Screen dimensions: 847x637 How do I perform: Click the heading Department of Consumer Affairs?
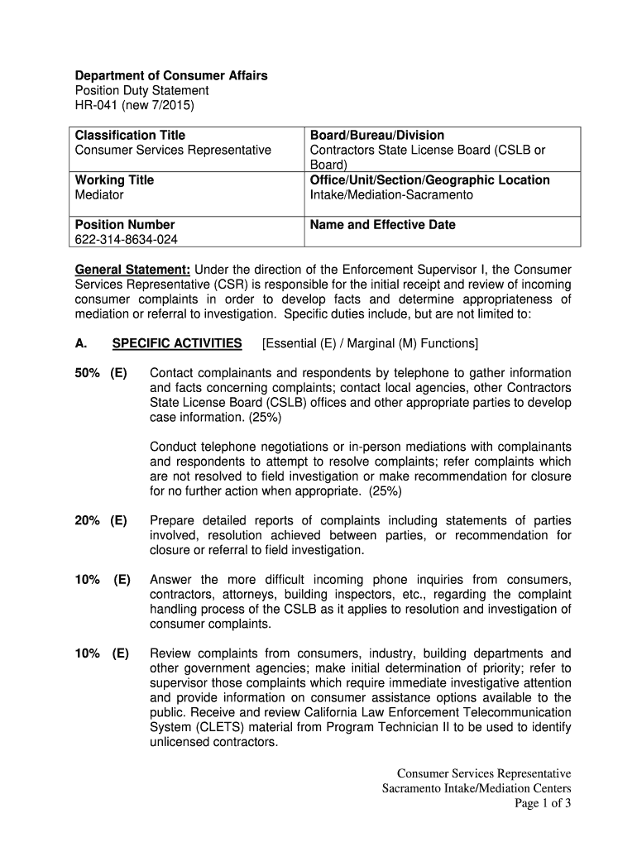[x=171, y=75]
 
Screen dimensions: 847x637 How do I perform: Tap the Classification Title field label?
[x=130, y=135]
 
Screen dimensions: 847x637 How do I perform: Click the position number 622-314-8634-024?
[x=126, y=240]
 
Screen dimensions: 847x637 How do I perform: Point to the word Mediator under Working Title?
[x=99, y=195]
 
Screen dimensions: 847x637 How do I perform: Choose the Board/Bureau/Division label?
[x=376, y=135]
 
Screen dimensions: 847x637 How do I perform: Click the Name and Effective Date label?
[x=382, y=225]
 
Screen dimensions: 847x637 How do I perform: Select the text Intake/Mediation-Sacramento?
[x=391, y=195]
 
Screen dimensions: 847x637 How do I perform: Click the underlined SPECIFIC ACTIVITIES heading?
[x=177, y=343]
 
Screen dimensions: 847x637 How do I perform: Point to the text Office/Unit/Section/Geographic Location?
[x=429, y=180]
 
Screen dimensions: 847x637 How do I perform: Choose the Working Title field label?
[x=114, y=180]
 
